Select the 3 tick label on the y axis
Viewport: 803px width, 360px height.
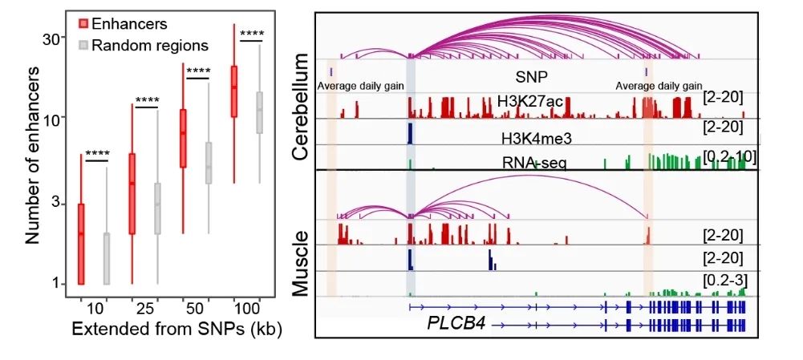(55, 204)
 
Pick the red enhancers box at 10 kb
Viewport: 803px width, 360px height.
(81, 244)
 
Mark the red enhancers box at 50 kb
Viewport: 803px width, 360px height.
(183, 138)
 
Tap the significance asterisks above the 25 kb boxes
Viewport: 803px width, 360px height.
(148, 101)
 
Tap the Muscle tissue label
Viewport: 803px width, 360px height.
(300, 264)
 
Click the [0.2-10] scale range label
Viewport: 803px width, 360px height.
(728, 154)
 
